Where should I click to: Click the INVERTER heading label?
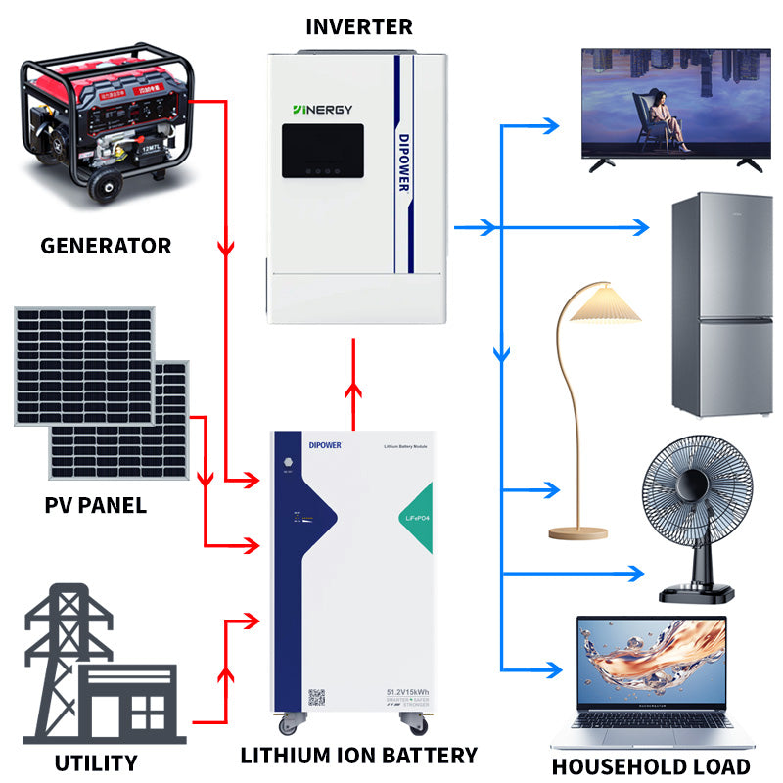click(358, 26)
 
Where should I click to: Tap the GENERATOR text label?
click(106, 246)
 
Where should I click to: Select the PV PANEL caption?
click(95, 506)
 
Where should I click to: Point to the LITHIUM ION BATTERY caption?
click(358, 755)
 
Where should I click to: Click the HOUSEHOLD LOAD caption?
click(651, 766)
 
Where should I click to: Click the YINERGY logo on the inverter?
click(322, 110)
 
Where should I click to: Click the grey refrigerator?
click(722, 304)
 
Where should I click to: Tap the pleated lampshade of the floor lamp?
click(604, 303)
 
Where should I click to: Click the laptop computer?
click(652, 685)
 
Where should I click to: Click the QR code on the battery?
click(317, 698)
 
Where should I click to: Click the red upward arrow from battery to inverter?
click(351, 391)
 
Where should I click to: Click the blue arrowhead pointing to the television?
click(551, 126)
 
